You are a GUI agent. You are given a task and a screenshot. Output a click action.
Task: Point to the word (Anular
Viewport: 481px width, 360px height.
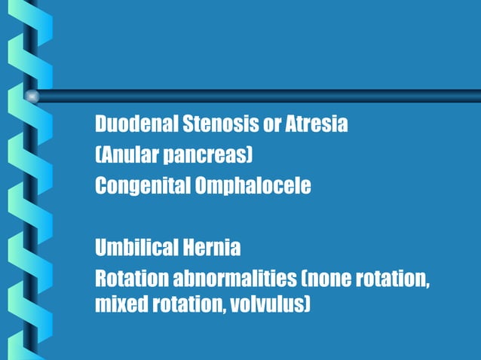124,155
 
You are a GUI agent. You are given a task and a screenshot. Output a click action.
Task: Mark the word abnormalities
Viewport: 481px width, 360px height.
234,279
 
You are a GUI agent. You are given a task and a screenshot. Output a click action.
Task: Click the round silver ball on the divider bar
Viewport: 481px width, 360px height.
32,96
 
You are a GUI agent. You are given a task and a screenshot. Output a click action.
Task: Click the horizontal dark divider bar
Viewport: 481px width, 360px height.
256,96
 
